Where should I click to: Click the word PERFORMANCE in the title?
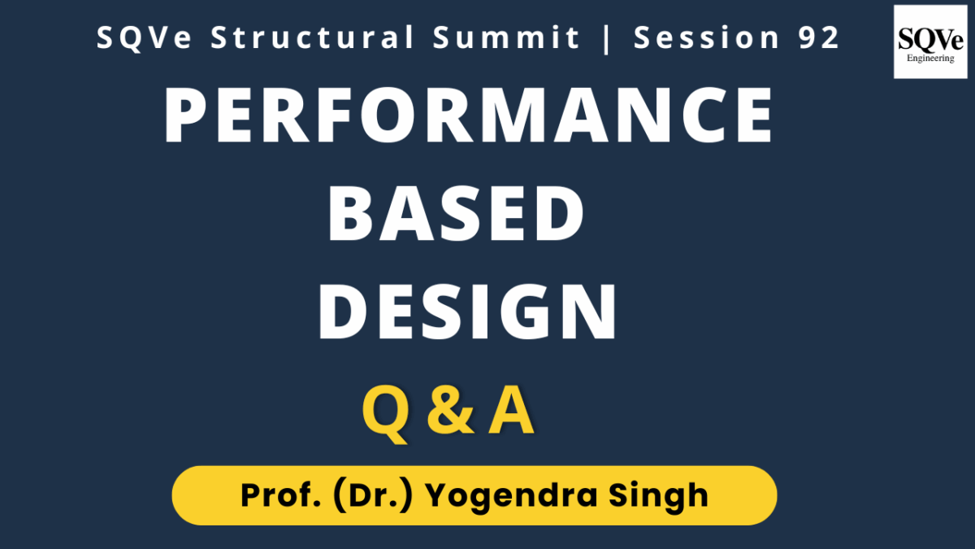point(468,115)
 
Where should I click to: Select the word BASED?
point(456,213)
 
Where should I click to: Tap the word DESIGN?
point(467,311)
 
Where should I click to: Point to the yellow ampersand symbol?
point(450,411)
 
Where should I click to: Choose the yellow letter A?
point(511,411)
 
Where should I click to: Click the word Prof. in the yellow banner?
point(281,495)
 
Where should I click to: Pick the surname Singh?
point(659,497)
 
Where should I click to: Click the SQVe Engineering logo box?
point(930,41)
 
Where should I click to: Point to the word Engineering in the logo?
point(930,58)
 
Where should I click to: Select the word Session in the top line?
point(706,37)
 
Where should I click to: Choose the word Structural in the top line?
point(313,37)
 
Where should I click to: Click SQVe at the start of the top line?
point(144,38)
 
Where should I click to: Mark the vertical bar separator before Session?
point(607,38)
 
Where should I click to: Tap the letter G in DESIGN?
point(526,311)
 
